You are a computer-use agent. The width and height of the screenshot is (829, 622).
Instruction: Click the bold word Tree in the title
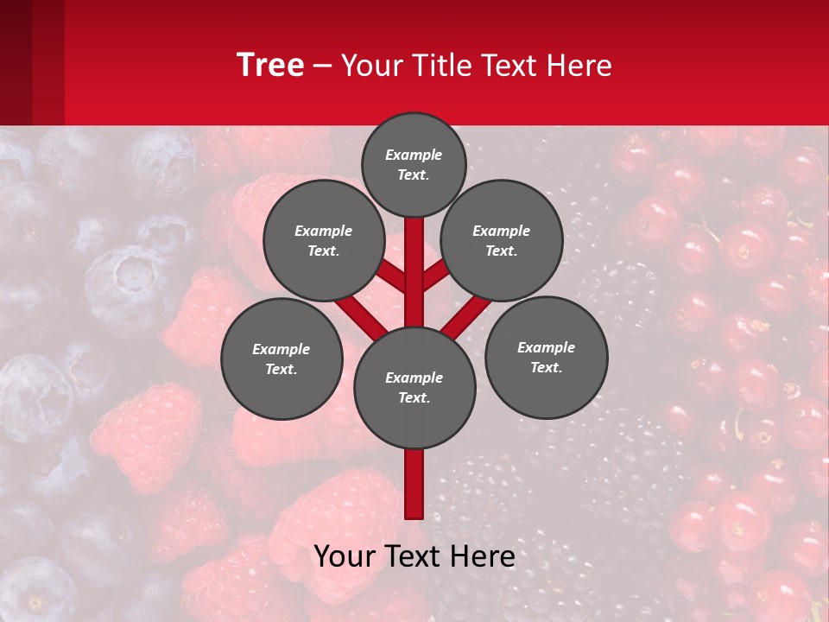tap(270, 65)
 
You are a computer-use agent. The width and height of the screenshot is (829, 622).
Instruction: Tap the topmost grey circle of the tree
tap(414, 164)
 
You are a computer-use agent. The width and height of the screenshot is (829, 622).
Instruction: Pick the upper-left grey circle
tap(324, 240)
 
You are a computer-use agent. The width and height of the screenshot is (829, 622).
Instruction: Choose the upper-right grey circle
tap(502, 240)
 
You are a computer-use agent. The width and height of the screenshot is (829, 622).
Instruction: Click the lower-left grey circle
tap(282, 359)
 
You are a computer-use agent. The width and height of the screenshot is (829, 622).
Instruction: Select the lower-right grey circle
tap(547, 357)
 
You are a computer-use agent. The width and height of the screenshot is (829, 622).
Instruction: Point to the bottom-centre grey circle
tap(414, 388)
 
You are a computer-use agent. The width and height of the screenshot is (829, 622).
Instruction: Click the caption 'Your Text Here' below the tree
tap(414, 556)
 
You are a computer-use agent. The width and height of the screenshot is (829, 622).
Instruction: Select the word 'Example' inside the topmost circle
tap(414, 155)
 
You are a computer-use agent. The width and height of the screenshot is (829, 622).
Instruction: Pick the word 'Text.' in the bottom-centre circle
tap(414, 398)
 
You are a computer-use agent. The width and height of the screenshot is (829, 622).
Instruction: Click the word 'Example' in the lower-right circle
tap(546, 347)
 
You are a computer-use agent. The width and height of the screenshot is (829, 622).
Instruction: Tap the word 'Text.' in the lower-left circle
tap(281, 370)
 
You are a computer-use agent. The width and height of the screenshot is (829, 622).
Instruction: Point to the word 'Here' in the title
tap(579, 66)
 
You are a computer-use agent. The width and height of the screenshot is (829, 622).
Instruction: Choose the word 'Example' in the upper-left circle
tap(323, 231)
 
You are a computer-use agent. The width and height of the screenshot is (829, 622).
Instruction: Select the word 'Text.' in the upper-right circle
tap(501, 251)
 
